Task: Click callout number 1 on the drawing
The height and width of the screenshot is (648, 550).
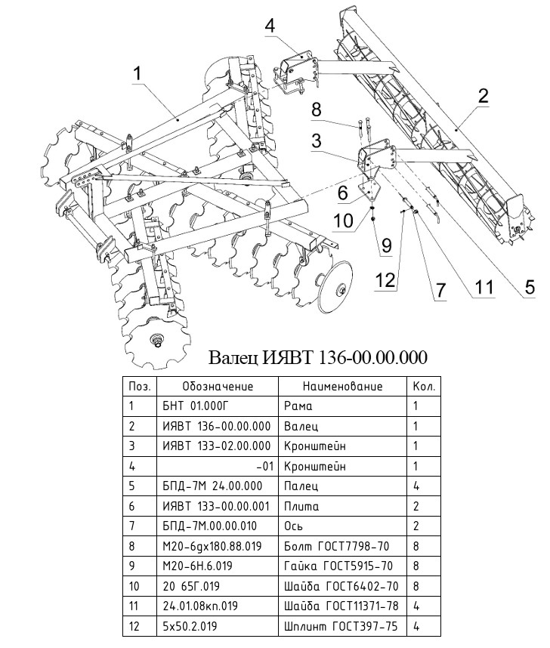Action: [x=137, y=73]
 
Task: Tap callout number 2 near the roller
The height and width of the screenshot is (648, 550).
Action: [x=482, y=96]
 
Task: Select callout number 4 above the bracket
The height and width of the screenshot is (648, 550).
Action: [x=270, y=26]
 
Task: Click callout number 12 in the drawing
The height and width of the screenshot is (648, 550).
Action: [x=385, y=280]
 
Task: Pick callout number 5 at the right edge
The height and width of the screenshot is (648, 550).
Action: [x=530, y=286]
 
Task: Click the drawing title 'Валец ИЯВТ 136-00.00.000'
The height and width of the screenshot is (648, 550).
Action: [x=317, y=356]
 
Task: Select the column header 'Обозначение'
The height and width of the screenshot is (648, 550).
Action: [x=218, y=386]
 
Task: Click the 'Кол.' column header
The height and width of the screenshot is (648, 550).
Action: [x=422, y=386]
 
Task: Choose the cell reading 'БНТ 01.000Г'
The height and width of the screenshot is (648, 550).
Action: [x=193, y=406]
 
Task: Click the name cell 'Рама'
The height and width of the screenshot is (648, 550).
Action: [x=298, y=406]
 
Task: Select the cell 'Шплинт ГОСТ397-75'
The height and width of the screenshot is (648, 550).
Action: [x=341, y=626]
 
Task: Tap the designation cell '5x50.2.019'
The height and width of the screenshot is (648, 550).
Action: [x=189, y=626]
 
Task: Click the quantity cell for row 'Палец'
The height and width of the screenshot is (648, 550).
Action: [x=416, y=486]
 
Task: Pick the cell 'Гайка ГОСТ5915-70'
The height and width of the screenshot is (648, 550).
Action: [x=338, y=566]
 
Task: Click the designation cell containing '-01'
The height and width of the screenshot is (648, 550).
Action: [x=264, y=466]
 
